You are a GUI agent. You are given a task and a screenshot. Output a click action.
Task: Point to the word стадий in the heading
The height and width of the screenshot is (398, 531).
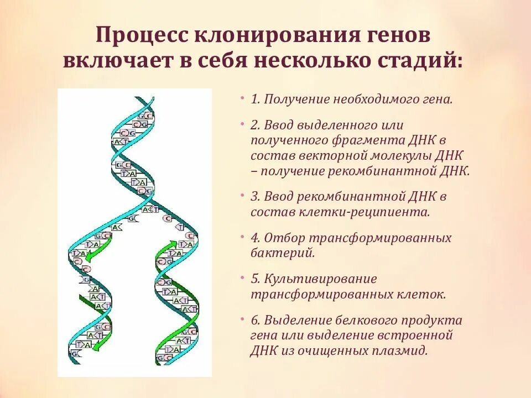pyautogui.click(x=424, y=60)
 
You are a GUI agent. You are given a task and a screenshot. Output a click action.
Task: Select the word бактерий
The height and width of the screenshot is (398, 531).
pyautogui.click(x=283, y=253)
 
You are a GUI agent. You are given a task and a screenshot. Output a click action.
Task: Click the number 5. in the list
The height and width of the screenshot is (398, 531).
pyautogui.click(x=255, y=279)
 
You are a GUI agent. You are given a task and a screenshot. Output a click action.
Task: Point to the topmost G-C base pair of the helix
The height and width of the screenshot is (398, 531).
pyautogui.click(x=146, y=116)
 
